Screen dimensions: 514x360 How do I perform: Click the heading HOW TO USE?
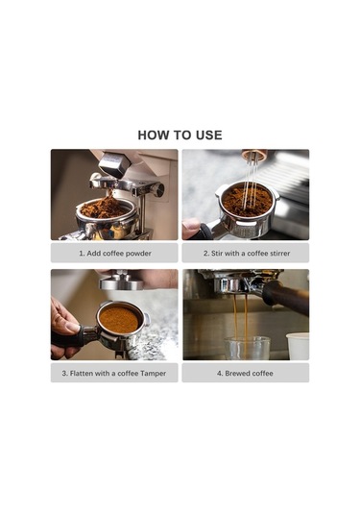[x=180, y=135]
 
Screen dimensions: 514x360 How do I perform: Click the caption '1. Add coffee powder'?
[x=114, y=254]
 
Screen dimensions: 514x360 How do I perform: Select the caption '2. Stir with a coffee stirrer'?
[x=245, y=254]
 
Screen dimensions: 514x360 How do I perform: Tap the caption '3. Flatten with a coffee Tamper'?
[x=114, y=373]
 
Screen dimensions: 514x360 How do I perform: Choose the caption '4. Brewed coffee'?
[x=245, y=373]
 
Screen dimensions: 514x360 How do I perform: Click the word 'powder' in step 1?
[x=136, y=254]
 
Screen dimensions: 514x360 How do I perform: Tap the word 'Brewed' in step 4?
[x=237, y=373]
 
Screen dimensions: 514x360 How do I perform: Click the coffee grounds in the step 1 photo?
[x=105, y=208]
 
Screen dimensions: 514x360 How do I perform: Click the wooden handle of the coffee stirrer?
[x=254, y=155]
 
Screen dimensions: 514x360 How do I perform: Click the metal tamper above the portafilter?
[x=120, y=282]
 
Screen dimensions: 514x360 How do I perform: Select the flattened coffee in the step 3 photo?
[x=119, y=320]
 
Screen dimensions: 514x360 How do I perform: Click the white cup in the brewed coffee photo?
[x=298, y=346]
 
